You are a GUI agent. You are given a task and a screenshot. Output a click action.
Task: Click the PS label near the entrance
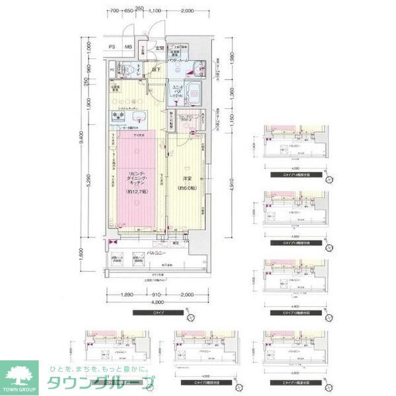[x=112, y=47]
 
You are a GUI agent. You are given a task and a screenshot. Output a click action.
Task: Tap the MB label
[x=129, y=47]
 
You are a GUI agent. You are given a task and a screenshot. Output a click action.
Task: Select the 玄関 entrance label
[x=160, y=47]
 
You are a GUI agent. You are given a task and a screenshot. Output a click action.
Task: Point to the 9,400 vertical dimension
[x=81, y=139]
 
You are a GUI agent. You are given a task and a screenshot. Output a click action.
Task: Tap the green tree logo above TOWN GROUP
[x=19, y=374]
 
